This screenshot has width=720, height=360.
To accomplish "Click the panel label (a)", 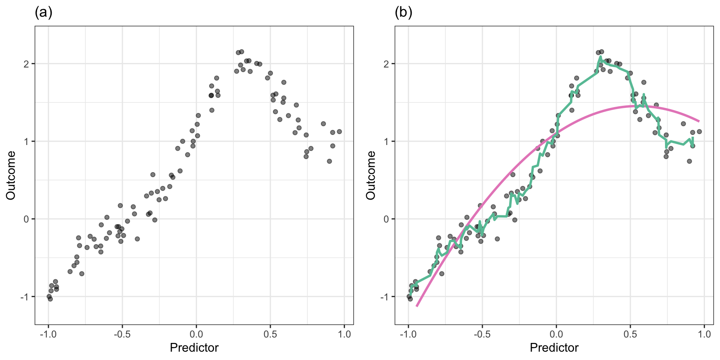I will coord(43,13).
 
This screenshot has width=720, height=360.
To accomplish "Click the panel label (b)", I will coord(403,13).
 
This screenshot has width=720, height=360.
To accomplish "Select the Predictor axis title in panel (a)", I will coord(194,347).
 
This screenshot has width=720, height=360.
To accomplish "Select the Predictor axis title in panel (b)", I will coord(554,347).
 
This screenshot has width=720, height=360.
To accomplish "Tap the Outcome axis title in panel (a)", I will coord(11,175).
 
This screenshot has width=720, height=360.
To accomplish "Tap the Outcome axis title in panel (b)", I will coord(371,175).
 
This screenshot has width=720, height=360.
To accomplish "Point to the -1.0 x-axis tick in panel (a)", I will coord(48,334).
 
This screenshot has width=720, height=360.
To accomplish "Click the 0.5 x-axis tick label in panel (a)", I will coord(270,334).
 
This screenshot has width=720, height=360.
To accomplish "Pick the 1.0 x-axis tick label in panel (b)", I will coord(704,334).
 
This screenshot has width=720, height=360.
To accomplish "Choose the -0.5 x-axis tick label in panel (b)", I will coord(482,334).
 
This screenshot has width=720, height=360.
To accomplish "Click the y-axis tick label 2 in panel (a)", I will coord(26,64).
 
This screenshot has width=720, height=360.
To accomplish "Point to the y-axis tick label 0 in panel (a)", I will coord(26,219).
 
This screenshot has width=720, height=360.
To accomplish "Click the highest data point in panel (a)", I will coord(242,52).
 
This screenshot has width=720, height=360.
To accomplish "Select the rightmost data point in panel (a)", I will coord(339,132).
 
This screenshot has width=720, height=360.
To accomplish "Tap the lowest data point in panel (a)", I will coord(50,299).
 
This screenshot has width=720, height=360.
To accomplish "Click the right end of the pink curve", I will coord(699,121).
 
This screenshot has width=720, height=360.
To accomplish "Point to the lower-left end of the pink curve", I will coord(417,306).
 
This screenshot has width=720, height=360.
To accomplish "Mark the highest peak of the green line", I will coord(600,57).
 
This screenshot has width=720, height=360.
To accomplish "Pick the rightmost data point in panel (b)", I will coord(699,132).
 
